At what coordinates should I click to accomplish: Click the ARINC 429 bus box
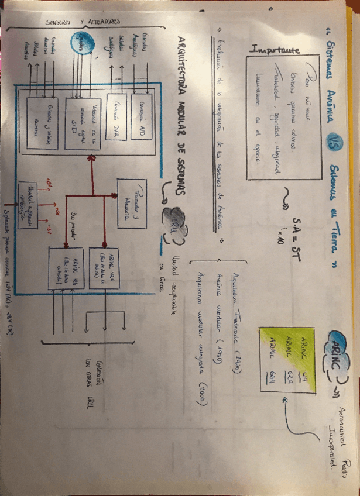[x=104, y=266]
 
